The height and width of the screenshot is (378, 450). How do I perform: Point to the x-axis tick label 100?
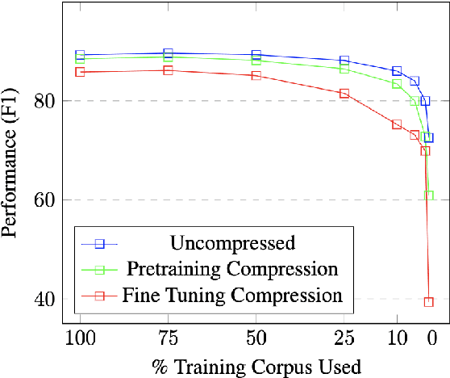[x=80, y=338]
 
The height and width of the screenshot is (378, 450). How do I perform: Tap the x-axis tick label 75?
[x=168, y=338]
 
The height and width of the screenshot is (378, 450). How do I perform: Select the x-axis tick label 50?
[x=256, y=338]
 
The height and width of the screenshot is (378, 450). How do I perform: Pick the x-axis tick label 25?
[x=344, y=338]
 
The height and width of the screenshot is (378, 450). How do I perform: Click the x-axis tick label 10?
[x=397, y=338]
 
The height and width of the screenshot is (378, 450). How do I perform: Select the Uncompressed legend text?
[x=233, y=242]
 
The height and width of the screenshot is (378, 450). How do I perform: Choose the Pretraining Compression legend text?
[x=232, y=268]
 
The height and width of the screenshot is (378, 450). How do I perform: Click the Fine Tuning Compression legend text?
[x=233, y=295]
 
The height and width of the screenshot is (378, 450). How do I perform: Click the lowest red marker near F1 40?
[x=428, y=301]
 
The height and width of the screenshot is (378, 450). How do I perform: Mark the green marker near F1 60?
[x=428, y=195]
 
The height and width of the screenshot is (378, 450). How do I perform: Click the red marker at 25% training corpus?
[x=344, y=94]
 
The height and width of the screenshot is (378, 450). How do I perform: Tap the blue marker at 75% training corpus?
[x=168, y=53]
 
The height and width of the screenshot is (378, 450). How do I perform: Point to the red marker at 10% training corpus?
[x=397, y=124]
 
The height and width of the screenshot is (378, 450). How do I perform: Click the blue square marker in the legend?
[x=100, y=242]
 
